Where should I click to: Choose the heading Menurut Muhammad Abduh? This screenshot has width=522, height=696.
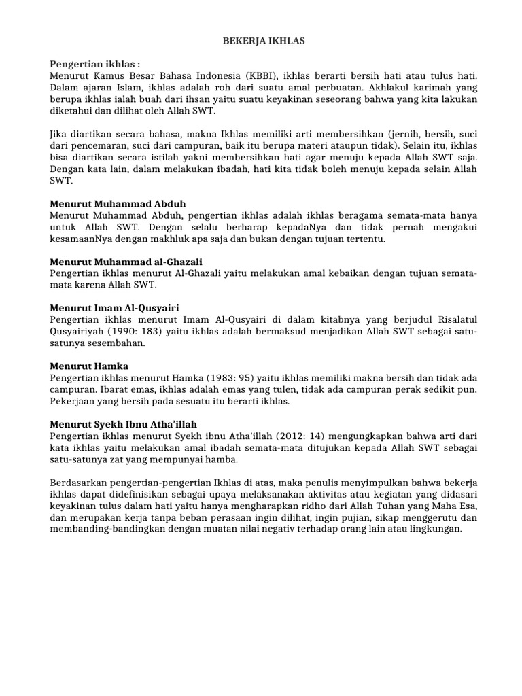[118, 203]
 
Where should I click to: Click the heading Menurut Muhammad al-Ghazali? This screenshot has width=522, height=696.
[126, 262]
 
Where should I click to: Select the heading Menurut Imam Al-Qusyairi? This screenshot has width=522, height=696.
[114, 308]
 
